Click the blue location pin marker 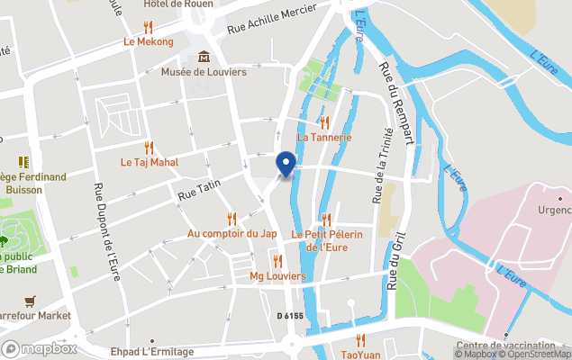pos(286,164)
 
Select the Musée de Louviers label pos(204,72)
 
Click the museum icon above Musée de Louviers pos(204,57)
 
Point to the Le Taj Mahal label pos(150,163)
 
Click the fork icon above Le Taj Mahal pos(150,148)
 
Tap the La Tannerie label pos(323,138)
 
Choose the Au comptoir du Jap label pos(232,233)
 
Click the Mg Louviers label pos(277,275)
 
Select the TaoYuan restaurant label pos(360,354)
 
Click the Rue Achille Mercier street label pos(272,19)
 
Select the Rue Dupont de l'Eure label pos(107,232)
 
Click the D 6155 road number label pos(292,315)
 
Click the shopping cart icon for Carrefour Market pos(32,301)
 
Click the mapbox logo pos(40,348)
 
